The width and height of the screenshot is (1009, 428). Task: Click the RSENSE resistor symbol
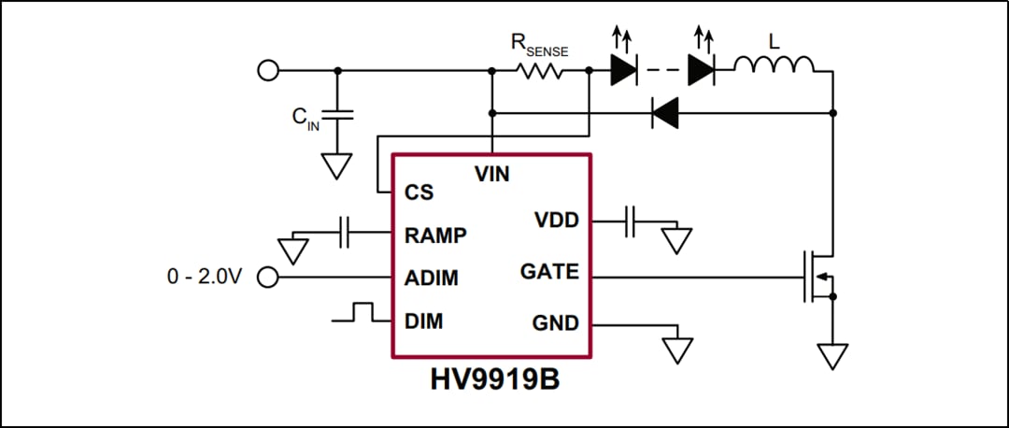pyautogui.click(x=540, y=70)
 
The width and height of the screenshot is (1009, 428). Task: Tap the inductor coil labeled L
pyautogui.click(x=774, y=65)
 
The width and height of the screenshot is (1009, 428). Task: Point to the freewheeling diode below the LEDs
pyautogui.click(x=664, y=114)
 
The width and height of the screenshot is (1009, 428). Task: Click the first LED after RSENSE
pyautogui.click(x=624, y=70)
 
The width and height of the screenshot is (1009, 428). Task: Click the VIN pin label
pyautogui.click(x=491, y=174)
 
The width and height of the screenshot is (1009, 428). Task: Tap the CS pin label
pyautogui.click(x=419, y=193)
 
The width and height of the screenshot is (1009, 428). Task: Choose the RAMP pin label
pyautogui.click(x=435, y=235)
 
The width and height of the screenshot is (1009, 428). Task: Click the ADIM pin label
pyautogui.click(x=431, y=278)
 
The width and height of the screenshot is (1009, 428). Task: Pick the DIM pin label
pyautogui.click(x=423, y=321)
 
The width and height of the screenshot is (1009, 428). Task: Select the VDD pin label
pyautogui.click(x=556, y=221)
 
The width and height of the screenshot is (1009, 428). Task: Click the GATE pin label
pyautogui.click(x=549, y=273)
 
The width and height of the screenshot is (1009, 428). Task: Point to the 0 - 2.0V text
pyautogui.click(x=204, y=278)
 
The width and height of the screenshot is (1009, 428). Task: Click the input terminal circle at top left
pyautogui.click(x=268, y=70)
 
